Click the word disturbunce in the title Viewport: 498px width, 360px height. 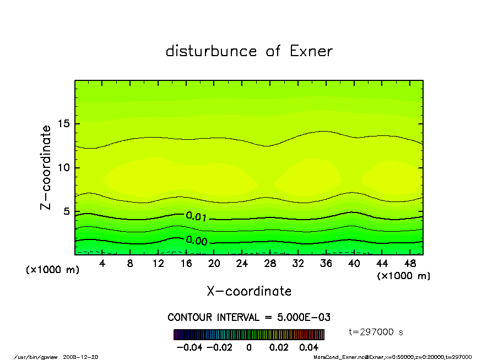(211, 51)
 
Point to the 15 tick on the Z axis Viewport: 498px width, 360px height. (64, 124)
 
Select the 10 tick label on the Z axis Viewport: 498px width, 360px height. (64, 168)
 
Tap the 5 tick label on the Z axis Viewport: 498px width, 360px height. (67, 211)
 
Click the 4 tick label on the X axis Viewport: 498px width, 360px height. (102, 264)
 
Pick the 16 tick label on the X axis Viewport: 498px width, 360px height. (186, 264)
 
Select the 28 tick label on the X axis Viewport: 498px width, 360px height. (270, 264)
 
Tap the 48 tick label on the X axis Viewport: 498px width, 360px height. (409, 264)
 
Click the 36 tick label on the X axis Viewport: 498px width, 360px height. (326, 264)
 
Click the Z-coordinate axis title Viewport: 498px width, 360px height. (46, 167)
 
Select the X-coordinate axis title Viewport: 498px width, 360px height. (249, 291)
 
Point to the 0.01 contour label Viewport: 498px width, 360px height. (197, 216)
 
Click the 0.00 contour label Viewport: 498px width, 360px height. (197, 241)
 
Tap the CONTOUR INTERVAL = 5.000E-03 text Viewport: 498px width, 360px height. (248, 318)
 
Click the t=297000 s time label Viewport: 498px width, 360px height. (376, 332)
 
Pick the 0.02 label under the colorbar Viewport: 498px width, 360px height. (279, 347)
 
